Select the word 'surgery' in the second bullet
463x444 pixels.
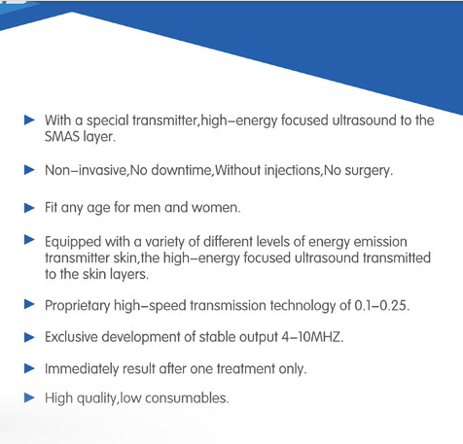coord(365,170)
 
